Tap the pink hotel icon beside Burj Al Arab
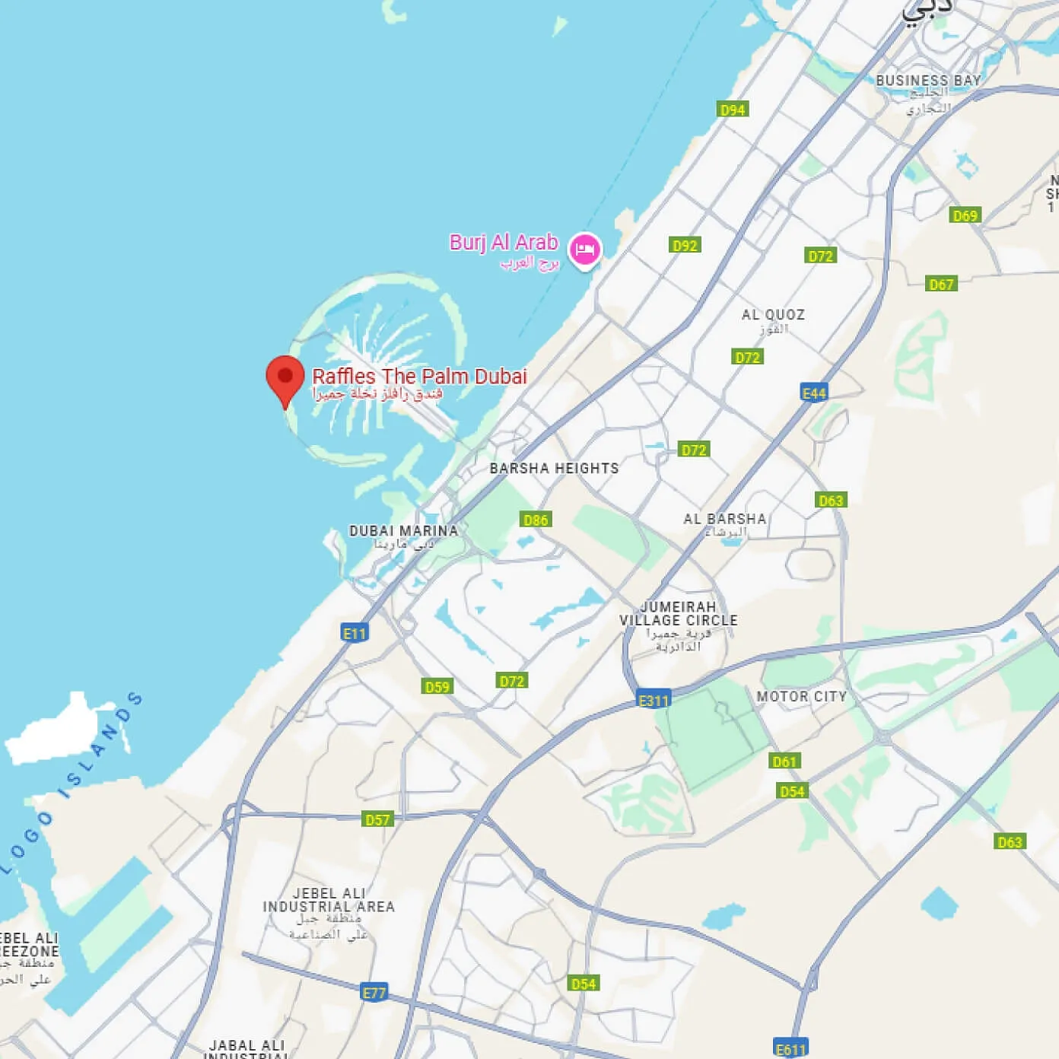tap(584, 250)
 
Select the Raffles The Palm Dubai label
tap(419, 377)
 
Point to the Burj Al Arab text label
tap(504, 243)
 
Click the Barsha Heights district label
tap(554, 469)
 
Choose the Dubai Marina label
tap(403, 531)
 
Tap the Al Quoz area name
tap(773, 315)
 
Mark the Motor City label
tap(801, 696)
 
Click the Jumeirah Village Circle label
tap(679, 614)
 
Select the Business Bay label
tap(928, 81)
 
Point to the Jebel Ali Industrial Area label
tap(329, 900)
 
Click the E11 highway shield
tap(355, 633)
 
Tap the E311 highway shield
tap(654, 701)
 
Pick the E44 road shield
tap(814, 393)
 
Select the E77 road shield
tap(374, 992)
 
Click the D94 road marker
tap(733, 110)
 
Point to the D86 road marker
tap(536, 520)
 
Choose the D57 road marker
tap(377, 819)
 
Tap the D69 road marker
tap(965, 215)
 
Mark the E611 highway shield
tap(790, 1049)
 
